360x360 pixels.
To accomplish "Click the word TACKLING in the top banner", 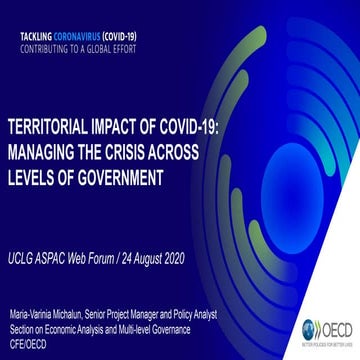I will click(35, 35).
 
